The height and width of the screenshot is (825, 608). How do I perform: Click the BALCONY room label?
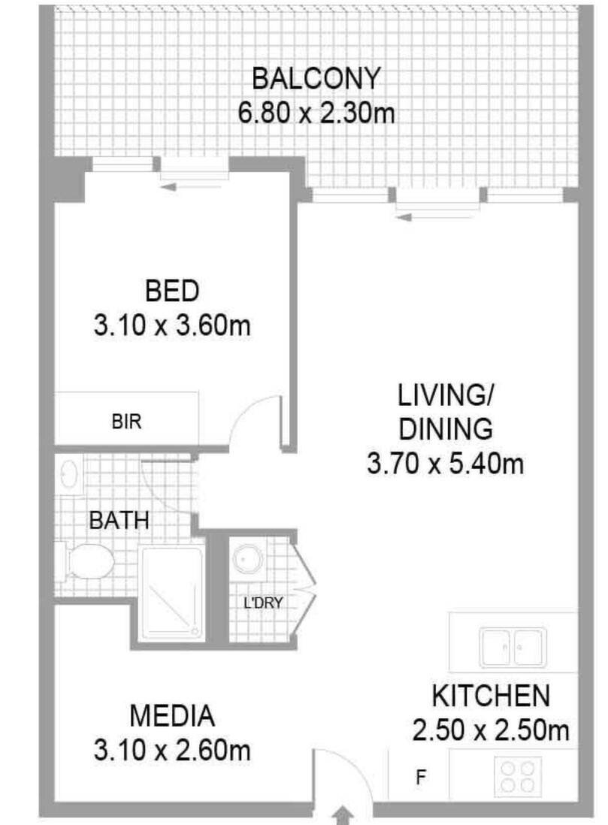(x=316, y=78)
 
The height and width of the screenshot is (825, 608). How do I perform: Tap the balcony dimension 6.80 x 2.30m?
(x=316, y=113)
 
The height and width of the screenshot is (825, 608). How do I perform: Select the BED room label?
(x=172, y=291)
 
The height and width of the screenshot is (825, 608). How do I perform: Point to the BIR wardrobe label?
(x=126, y=422)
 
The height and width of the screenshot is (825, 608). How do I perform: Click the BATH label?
(x=119, y=521)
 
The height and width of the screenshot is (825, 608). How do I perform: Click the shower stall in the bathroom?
(x=172, y=594)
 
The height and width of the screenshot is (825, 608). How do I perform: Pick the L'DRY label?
(x=263, y=603)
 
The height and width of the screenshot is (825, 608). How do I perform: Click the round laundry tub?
(x=248, y=558)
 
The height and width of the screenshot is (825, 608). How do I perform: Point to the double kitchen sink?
(x=513, y=647)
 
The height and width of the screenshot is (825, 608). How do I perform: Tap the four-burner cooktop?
(x=518, y=777)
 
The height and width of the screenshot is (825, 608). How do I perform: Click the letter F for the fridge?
(x=420, y=777)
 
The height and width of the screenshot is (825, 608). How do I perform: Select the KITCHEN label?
(x=491, y=696)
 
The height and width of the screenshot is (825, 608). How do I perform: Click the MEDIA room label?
(x=172, y=716)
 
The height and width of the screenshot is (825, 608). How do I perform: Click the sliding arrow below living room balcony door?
(x=437, y=216)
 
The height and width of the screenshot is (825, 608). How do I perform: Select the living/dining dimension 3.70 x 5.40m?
(x=446, y=464)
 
